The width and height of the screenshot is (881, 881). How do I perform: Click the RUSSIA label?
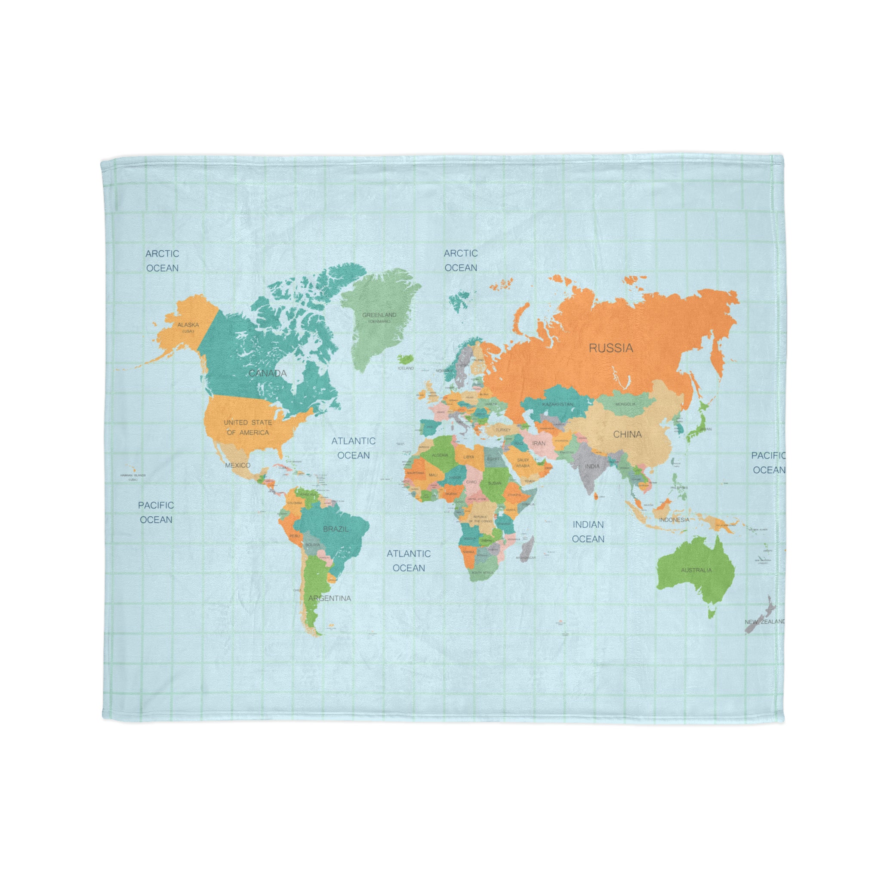point(610,348)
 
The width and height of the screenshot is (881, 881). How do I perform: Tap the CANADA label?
point(268,373)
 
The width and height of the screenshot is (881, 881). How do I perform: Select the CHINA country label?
point(627,434)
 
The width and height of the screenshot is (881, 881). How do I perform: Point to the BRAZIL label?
point(336,529)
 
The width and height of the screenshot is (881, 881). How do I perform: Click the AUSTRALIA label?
point(696,570)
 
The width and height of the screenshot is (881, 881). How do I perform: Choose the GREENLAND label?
point(379,315)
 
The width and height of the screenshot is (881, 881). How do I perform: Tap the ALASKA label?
point(188,325)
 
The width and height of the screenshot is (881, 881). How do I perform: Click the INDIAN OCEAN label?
point(588,532)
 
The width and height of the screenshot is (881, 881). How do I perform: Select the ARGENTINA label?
point(329,598)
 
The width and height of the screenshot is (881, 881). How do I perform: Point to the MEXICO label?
point(237,465)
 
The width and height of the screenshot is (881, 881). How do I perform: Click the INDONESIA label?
point(674,520)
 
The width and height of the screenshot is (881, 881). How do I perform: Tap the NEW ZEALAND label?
point(765,622)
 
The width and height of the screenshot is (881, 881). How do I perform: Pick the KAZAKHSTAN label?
point(557,404)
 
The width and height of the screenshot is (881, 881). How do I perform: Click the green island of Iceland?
point(403,359)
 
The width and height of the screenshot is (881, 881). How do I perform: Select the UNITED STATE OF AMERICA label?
point(248,427)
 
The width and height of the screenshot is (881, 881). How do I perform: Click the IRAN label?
point(539,443)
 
